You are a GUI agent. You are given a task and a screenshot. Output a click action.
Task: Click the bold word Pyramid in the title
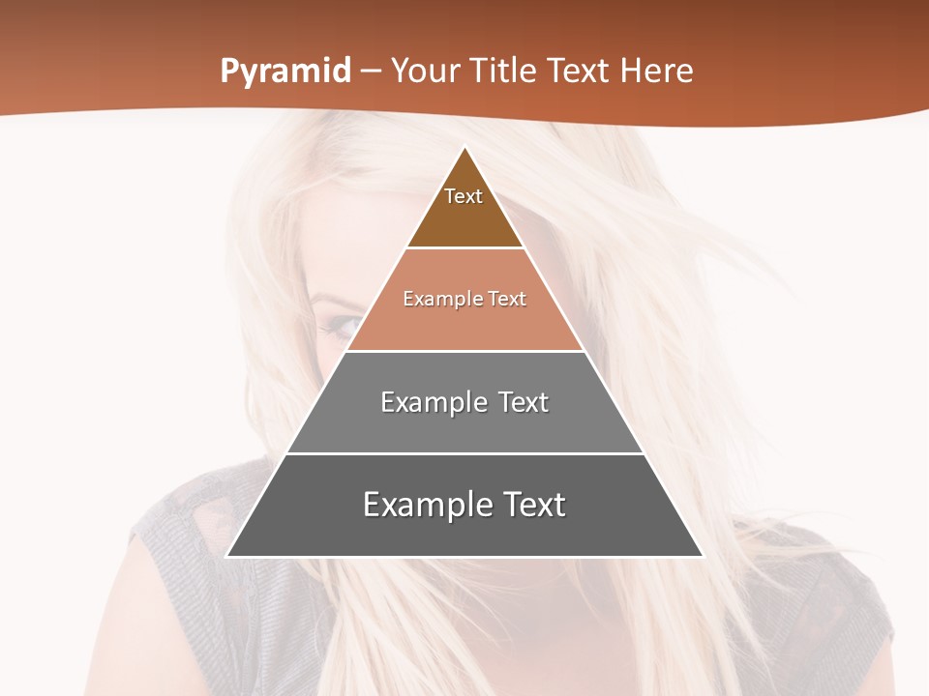(x=285, y=72)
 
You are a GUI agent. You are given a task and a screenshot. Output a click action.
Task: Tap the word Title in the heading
(x=503, y=72)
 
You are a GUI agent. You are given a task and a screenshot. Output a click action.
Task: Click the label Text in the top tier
(x=464, y=196)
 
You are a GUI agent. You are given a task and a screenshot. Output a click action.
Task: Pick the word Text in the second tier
(x=507, y=299)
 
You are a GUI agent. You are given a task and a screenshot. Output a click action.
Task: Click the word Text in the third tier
(x=524, y=402)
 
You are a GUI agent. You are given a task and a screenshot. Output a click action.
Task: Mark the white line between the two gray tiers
(x=464, y=453)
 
